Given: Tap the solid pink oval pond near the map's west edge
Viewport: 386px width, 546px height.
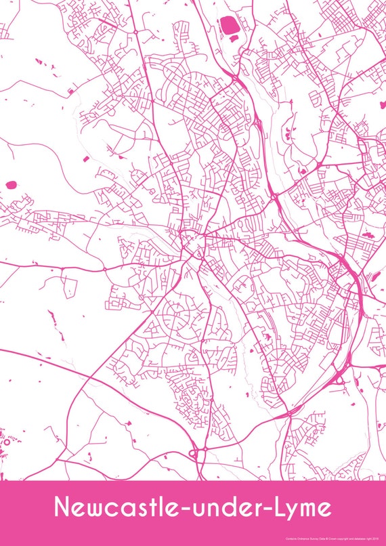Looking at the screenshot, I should pos(10,184).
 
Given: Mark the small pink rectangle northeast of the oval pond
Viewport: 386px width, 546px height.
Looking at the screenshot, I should pos(85,159).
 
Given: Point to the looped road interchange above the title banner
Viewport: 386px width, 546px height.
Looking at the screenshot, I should pos(198,453).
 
